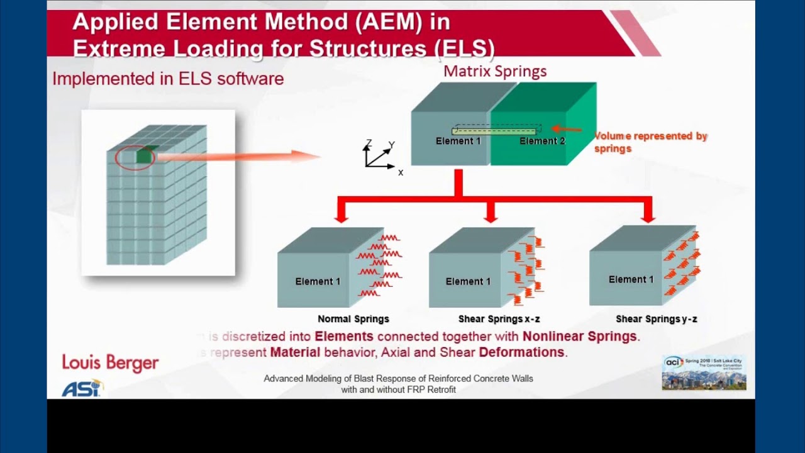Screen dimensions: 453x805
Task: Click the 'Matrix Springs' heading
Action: coord(495,71)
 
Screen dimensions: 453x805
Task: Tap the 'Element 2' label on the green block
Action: coord(542,141)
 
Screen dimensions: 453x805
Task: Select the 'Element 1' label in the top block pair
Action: coord(458,141)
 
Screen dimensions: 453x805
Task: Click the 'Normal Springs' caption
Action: coord(353,319)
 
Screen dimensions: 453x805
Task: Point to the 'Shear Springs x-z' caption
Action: coord(499,319)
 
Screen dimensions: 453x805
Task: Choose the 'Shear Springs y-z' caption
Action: coord(656,319)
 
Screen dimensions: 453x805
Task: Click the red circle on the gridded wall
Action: coord(133,157)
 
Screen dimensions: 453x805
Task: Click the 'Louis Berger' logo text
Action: coord(110,363)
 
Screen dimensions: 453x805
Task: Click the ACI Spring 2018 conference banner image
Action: coord(704,373)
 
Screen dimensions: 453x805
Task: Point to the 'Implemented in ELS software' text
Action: coord(168,79)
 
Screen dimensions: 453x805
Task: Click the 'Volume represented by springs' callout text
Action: coord(650,142)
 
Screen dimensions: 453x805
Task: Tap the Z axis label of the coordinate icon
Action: coord(369,143)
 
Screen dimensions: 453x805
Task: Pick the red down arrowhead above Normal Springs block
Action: coord(341,216)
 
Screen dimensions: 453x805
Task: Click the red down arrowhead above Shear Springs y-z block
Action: coord(648,216)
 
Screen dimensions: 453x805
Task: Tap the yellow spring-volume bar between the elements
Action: coord(494,131)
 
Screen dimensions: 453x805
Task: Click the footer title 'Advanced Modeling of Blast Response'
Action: coord(398,379)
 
